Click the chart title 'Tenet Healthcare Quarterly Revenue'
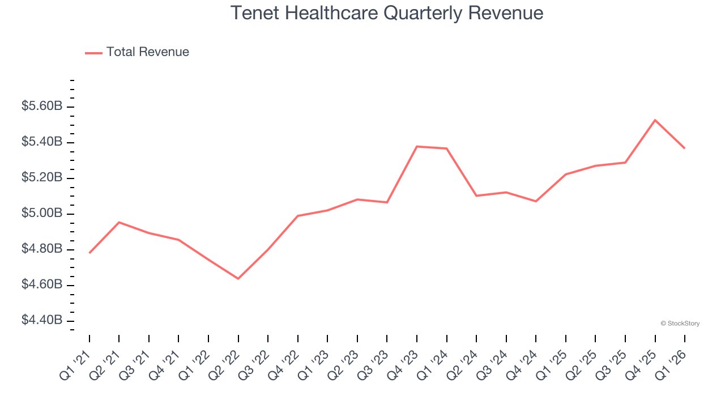[x=387, y=13]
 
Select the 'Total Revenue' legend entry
[x=147, y=52]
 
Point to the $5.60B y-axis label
[x=42, y=107]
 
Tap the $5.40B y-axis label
[x=42, y=142]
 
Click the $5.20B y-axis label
[x=42, y=178]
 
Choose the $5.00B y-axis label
[x=42, y=214]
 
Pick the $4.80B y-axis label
[x=42, y=249]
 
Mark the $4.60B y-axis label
[x=42, y=284]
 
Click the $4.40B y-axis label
[x=42, y=320]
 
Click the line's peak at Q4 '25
[x=655, y=120]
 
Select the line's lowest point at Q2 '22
[x=238, y=279]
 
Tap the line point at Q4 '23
[x=417, y=147]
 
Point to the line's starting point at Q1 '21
[x=89, y=253]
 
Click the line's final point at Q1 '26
[x=685, y=148]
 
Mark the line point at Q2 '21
[x=119, y=222]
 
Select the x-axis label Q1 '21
[x=76, y=364]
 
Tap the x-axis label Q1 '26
[x=672, y=364]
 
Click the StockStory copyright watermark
[x=680, y=324]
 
